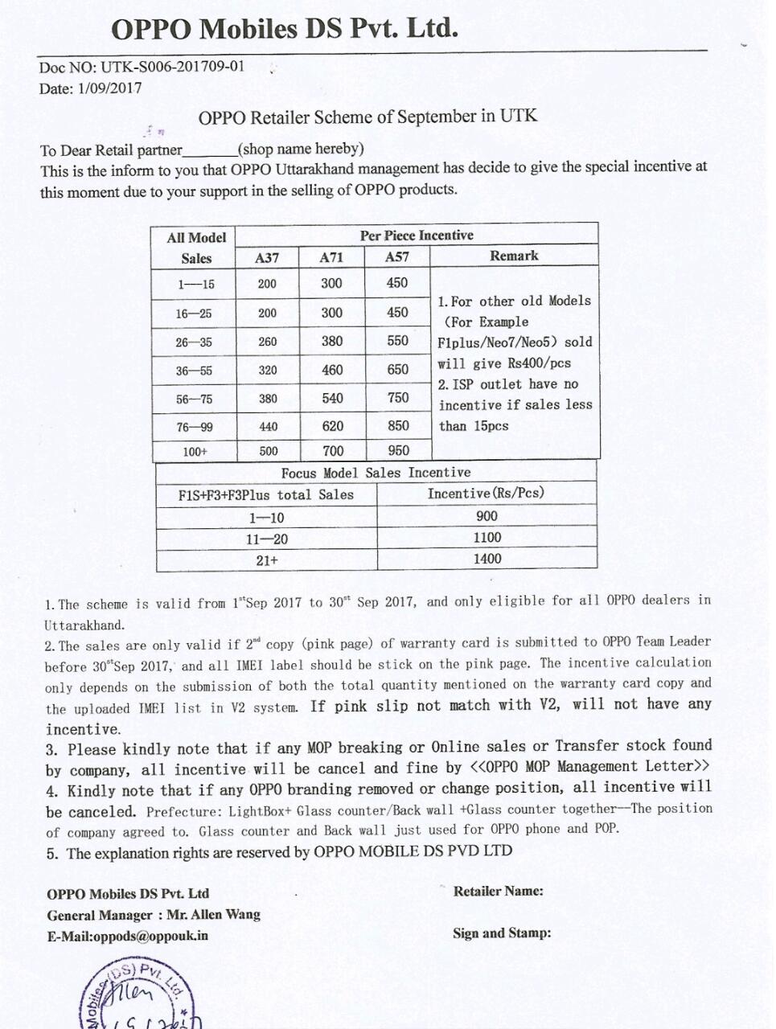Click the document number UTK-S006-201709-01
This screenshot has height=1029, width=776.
[172, 66]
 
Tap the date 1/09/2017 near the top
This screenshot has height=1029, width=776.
[109, 88]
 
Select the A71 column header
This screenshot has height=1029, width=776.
[331, 257]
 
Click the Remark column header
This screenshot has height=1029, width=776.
[514, 256]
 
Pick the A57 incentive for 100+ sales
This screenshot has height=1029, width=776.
[397, 451]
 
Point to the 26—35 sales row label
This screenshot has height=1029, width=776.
[194, 342]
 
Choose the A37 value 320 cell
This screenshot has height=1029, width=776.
[268, 371]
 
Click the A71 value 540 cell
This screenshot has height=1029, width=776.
[332, 399]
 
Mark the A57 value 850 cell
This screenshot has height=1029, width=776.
[397, 426]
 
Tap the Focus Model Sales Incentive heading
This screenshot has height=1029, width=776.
[376, 473]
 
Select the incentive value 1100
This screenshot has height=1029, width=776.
[487, 538]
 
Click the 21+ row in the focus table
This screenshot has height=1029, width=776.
[267, 560]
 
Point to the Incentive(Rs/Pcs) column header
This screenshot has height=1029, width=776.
[486, 494]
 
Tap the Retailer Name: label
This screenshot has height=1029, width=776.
[498, 891]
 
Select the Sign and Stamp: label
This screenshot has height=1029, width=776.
[502, 933]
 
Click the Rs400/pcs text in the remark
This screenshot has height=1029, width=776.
[540, 363]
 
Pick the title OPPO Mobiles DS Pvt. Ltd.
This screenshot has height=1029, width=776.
[285, 30]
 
